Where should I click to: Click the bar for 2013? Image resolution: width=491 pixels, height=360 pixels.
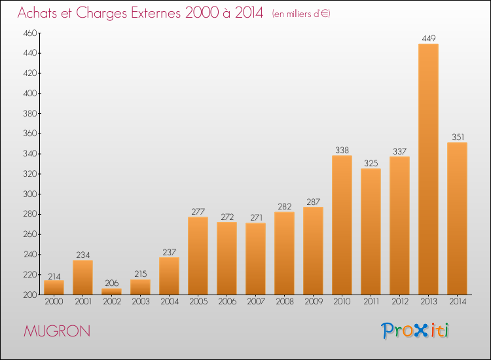tap(428, 169)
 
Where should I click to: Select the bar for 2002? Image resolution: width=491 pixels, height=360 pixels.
tap(111, 291)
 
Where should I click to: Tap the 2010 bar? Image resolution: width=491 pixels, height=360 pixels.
tap(342, 225)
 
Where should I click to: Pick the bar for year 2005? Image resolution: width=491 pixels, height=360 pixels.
tap(198, 255)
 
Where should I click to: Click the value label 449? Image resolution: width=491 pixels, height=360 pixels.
tap(428, 38)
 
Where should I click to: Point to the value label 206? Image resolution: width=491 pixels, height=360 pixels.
tap(111, 283)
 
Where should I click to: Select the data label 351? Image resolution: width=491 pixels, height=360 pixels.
tap(458, 137)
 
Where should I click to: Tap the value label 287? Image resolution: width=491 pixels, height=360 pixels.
tap(313, 202)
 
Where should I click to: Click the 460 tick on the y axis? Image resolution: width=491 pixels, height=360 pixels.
tap(30, 33)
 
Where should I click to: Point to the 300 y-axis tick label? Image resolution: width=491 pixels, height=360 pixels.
tap(30, 194)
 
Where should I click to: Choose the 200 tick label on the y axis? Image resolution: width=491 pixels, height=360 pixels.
tap(30, 295)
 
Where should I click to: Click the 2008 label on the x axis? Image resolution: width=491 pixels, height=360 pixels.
tap(284, 302)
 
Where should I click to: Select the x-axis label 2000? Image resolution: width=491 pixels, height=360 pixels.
tap(54, 302)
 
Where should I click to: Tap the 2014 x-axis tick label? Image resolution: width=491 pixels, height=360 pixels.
tap(458, 302)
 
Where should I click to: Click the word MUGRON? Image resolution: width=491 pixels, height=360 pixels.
tap(57, 331)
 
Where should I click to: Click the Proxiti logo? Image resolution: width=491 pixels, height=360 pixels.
tap(415, 331)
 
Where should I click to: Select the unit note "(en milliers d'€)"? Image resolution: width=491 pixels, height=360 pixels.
tap(301, 14)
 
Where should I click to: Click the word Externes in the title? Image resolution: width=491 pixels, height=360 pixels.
tap(156, 12)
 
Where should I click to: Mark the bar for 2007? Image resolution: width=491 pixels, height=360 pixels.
tap(255, 259)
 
